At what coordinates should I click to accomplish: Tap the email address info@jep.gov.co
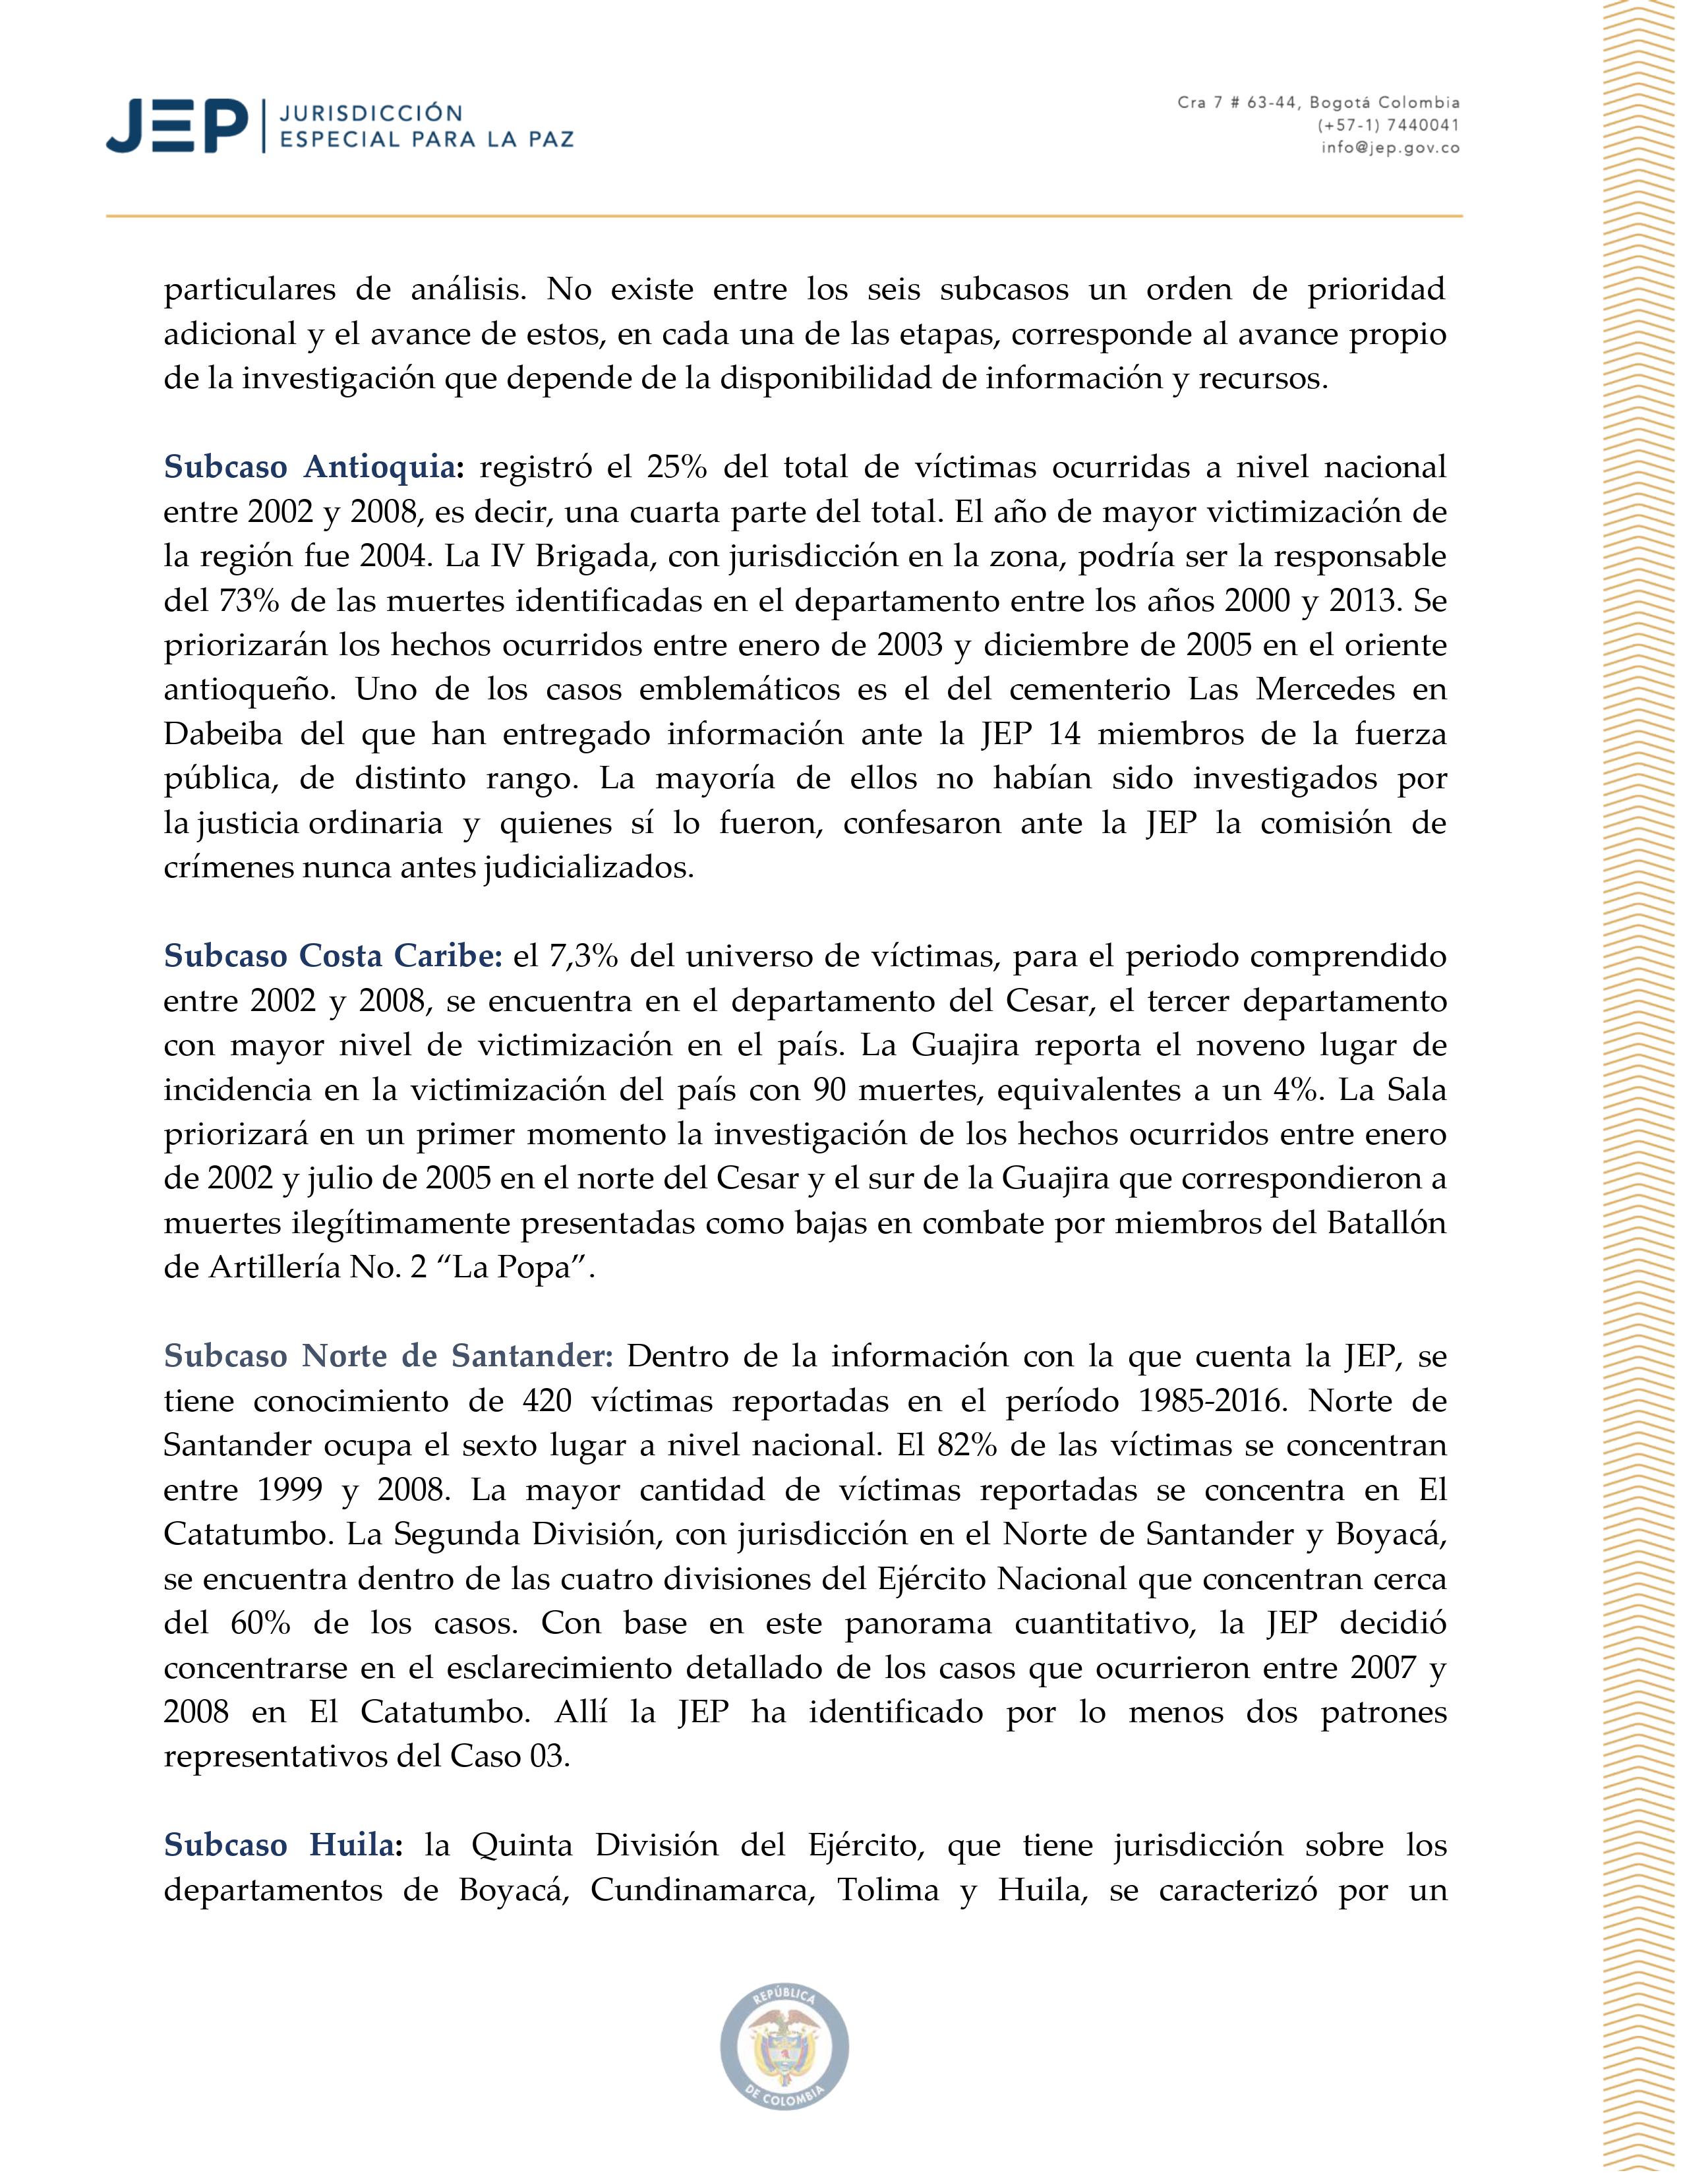click(1390, 148)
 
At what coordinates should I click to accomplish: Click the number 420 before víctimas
click(546, 1400)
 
